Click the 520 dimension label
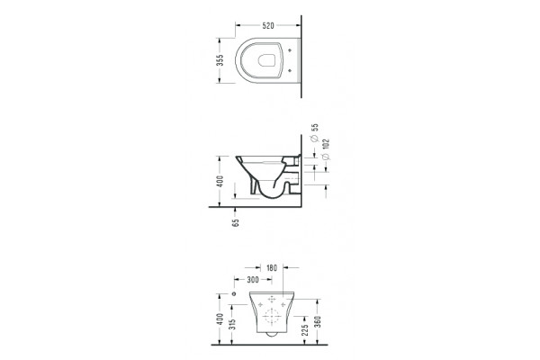[x=268, y=25]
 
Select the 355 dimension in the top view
[x=220, y=60]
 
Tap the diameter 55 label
[x=315, y=132]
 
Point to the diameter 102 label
[x=326, y=149]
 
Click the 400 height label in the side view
[x=220, y=181]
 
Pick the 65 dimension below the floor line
[x=236, y=222]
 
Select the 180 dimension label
[x=272, y=267]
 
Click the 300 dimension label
[x=253, y=280]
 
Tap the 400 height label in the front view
[x=220, y=319]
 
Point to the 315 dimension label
[x=233, y=324]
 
